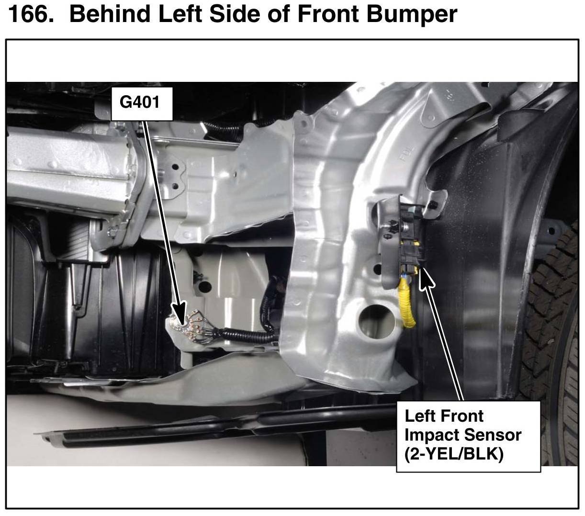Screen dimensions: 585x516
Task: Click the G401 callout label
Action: [142, 104]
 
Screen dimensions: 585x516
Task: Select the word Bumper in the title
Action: [412, 14]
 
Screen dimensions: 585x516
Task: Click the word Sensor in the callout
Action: [493, 434]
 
